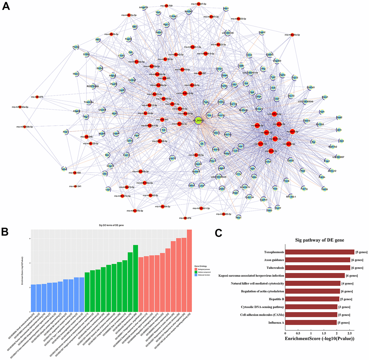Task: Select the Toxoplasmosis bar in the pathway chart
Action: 319,252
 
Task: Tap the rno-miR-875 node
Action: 37,97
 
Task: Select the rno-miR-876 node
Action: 185,218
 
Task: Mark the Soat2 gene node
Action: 339,117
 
